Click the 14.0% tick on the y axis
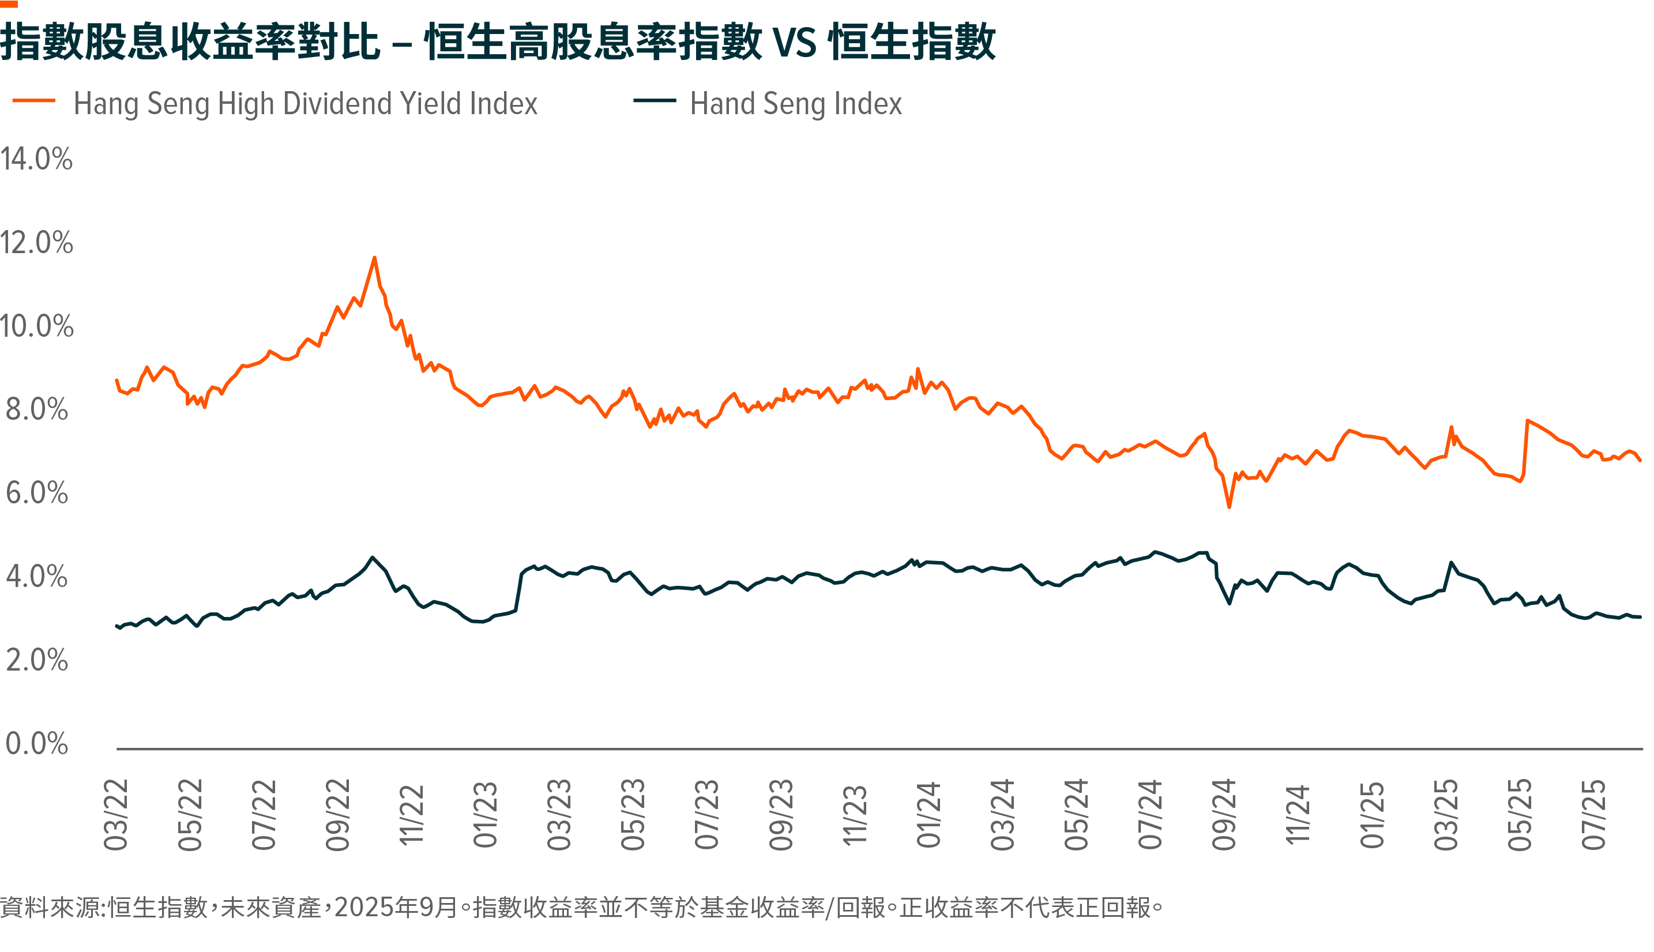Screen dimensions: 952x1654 pyautogui.click(x=36, y=159)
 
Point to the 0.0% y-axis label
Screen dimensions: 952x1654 pyautogui.click(x=36, y=744)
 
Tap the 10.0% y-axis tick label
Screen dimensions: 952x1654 pyautogui.click(x=36, y=326)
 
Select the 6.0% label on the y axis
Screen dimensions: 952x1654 pyautogui.click(x=36, y=493)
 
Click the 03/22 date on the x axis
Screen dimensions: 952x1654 pyautogui.click(x=116, y=815)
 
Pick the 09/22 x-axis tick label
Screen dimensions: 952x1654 pyautogui.click(x=338, y=815)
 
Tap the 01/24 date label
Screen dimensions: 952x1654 pyautogui.click(x=929, y=815)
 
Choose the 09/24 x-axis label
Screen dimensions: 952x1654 pyautogui.click(x=1224, y=815)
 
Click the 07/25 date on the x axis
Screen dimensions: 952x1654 pyautogui.click(x=1594, y=815)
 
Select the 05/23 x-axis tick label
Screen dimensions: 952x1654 pyautogui.click(x=633, y=815)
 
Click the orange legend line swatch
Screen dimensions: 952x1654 pyautogui.click(x=33, y=101)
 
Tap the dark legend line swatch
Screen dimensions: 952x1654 pyautogui.click(x=655, y=101)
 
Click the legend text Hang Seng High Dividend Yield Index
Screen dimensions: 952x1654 pyautogui.click(x=305, y=104)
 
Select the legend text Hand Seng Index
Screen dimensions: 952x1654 pyautogui.click(x=796, y=104)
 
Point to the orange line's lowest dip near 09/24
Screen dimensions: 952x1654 pyautogui.click(x=1230, y=507)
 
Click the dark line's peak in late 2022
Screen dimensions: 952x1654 pyautogui.click(x=372, y=557)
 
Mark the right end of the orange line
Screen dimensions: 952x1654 pyautogui.click(x=1640, y=460)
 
